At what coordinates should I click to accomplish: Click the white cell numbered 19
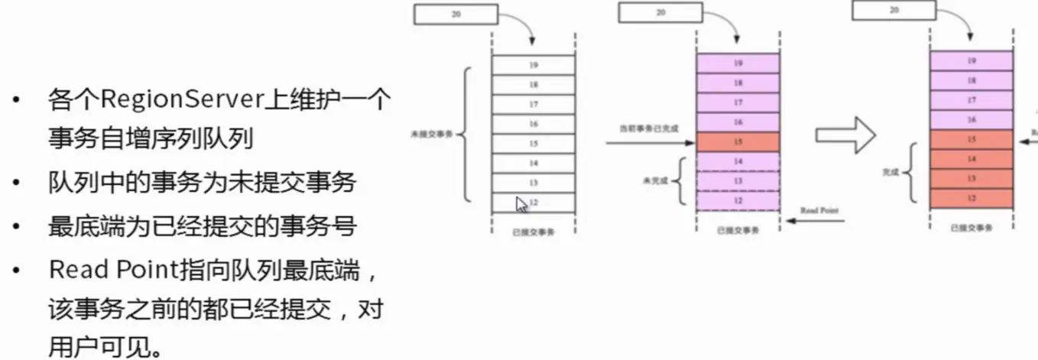pyautogui.click(x=534, y=65)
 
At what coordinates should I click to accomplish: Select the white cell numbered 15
pyautogui.click(x=534, y=144)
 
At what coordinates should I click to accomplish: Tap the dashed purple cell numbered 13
pyautogui.click(x=738, y=181)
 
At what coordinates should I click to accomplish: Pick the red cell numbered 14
pyautogui.click(x=972, y=159)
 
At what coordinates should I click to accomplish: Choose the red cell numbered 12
pyautogui.click(x=972, y=198)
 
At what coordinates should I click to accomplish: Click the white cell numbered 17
pyautogui.click(x=534, y=104)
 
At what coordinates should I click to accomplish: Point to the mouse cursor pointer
pyautogui.click(x=521, y=205)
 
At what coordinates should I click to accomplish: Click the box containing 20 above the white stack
pyautogui.click(x=456, y=15)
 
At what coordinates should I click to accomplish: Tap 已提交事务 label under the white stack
pyautogui.click(x=534, y=232)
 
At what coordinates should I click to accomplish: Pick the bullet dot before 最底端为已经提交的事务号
pyautogui.click(x=16, y=227)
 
